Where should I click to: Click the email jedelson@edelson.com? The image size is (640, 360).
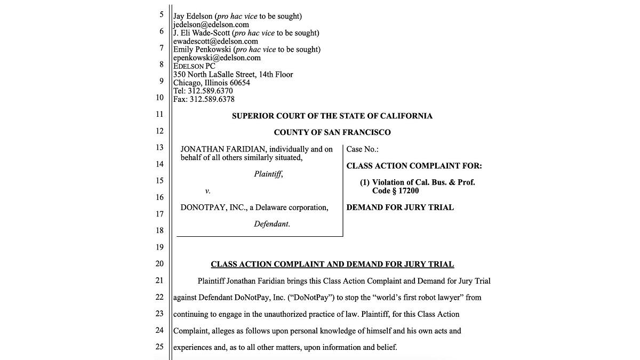pyautogui.click(x=211, y=25)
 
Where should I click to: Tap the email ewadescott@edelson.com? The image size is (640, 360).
pyautogui.click(x=215, y=41)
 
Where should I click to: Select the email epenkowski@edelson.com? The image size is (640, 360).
pyautogui.click(x=217, y=58)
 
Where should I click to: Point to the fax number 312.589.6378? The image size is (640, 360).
pyautogui.click(x=212, y=99)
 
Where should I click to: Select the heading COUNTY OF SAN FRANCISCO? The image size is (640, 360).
pyautogui.click(x=332, y=132)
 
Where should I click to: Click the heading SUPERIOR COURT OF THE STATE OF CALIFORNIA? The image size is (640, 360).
pyautogui.click(x=332, y=116)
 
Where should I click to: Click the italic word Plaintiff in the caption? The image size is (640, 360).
pyautogui.click(x=268, y=174)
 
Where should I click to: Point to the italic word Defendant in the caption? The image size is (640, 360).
pyautogui.click(x=271, y=224)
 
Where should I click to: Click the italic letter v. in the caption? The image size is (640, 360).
pyautogui.click(x=207, y=190)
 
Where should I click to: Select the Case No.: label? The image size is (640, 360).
pyautogui.click(x=362, y=149)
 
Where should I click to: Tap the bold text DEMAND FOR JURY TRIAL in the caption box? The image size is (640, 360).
pyautogui.click(x=400, y=207)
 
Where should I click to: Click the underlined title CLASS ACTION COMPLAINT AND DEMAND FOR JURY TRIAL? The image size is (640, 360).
pyautogui.click(x=332, y=264)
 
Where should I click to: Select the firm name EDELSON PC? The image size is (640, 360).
pyautogui.click(x=194, y=66)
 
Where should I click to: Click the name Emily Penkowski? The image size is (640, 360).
pyautogui.click(x=202, y=50)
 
